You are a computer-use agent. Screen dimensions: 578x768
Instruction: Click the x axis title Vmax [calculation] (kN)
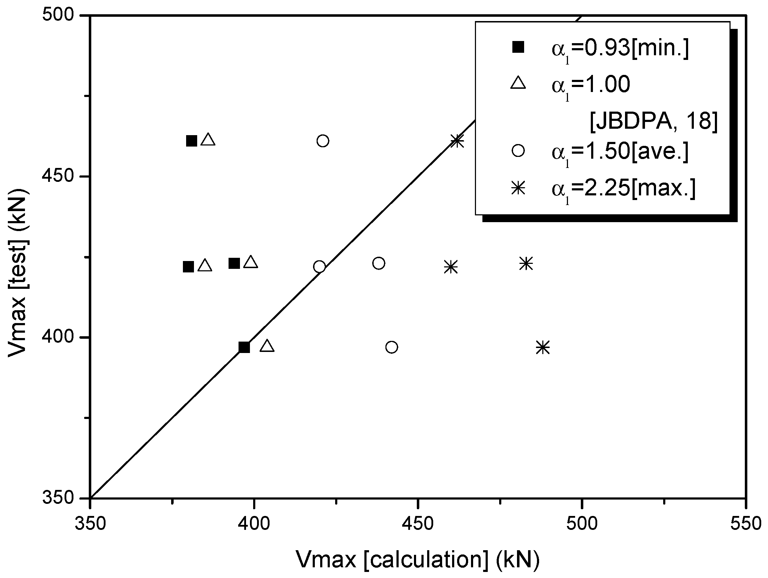point(417,559)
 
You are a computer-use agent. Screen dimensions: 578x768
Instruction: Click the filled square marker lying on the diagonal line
point(244,347)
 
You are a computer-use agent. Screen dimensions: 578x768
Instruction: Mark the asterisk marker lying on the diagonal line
point(457,141)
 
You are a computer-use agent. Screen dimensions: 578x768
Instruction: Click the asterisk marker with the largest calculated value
point(543,347)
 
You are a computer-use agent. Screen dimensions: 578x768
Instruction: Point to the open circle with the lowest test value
point(391,347)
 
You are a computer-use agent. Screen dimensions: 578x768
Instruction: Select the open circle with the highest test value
point(323,141)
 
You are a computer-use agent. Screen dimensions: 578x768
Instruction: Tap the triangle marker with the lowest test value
point(267,346)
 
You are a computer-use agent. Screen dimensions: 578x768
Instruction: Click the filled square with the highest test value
point(191,141)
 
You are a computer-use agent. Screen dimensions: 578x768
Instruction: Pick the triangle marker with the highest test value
point(208,140)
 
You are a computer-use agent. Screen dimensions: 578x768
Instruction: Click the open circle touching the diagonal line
point(319,266)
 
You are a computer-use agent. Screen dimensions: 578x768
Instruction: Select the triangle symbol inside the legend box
point(518,83)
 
